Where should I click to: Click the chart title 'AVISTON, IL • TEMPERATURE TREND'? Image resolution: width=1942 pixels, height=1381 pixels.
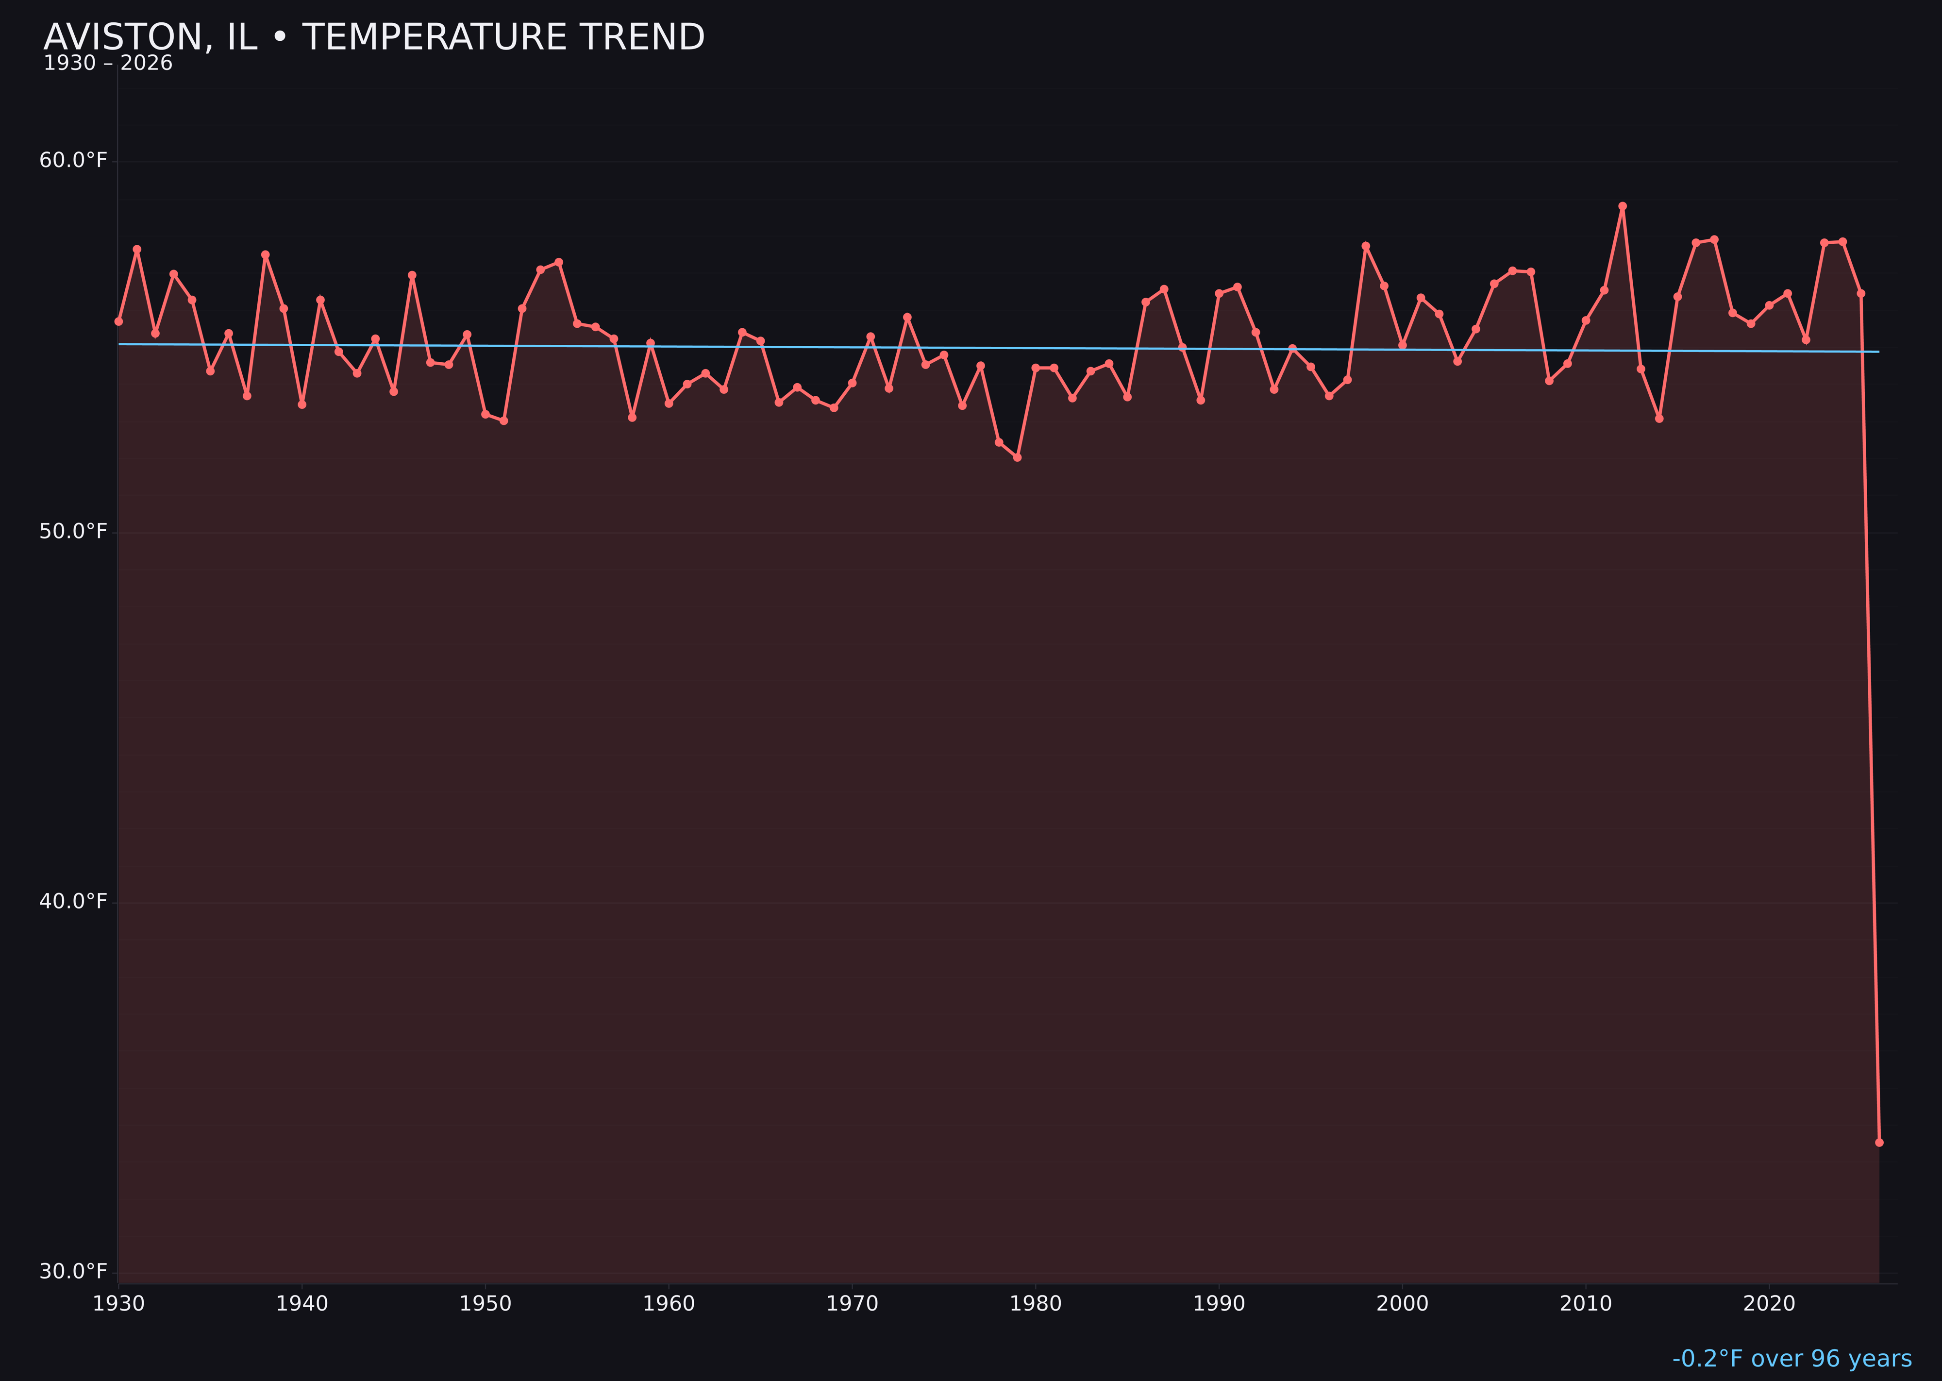pyautogui.click(x=374, y=37)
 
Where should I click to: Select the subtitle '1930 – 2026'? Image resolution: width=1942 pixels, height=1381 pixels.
pyautogui.click(x=108, y=64)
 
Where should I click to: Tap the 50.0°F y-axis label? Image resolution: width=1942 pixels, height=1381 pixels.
pyautogui.click(x=73, y=532)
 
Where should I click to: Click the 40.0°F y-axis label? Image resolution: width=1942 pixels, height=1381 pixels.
pyautogui.click(x=73, y=901)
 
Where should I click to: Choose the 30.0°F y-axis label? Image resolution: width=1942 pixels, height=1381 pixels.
pyautogui.click(x=73, y=1271)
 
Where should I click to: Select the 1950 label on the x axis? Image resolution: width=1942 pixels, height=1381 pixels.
pyautogui.click(x=485, y=1304)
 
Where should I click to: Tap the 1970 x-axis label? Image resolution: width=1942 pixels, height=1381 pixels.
pyautogui.click(x=852, y=1304)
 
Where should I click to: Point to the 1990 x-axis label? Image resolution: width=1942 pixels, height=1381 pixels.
pyautogui.click(x=1219, y=1304)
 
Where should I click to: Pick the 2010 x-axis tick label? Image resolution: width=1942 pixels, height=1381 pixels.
pyautogui.click(x=1586, y=1304)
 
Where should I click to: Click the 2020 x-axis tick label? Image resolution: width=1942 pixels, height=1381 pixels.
pyautogui.click(x=1769, y=1304)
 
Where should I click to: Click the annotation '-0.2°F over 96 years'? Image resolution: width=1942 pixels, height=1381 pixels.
pyautogui.click(x=1791, y=1359)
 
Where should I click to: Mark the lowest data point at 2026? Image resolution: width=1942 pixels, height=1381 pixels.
pyautogui.click(x=1879, y=1142)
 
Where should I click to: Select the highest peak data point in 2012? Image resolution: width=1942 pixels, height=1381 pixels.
pyautogui.click(x=1623, y=206)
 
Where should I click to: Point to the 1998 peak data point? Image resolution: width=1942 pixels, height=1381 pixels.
pyautogui.click(x=1366, y=246)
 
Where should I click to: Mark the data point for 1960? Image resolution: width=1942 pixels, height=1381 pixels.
pyautogui.click(x=669, y=403)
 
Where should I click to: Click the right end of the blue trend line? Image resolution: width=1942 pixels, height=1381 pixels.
pyautogui.click(x=1878, y=351)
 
